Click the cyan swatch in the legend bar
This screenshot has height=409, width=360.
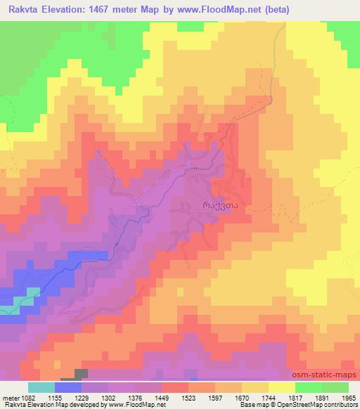click(x=41, y=387)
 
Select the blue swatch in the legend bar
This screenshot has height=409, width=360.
click(x=68, y=387)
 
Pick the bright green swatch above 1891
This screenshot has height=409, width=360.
click(x=308, y=387)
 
